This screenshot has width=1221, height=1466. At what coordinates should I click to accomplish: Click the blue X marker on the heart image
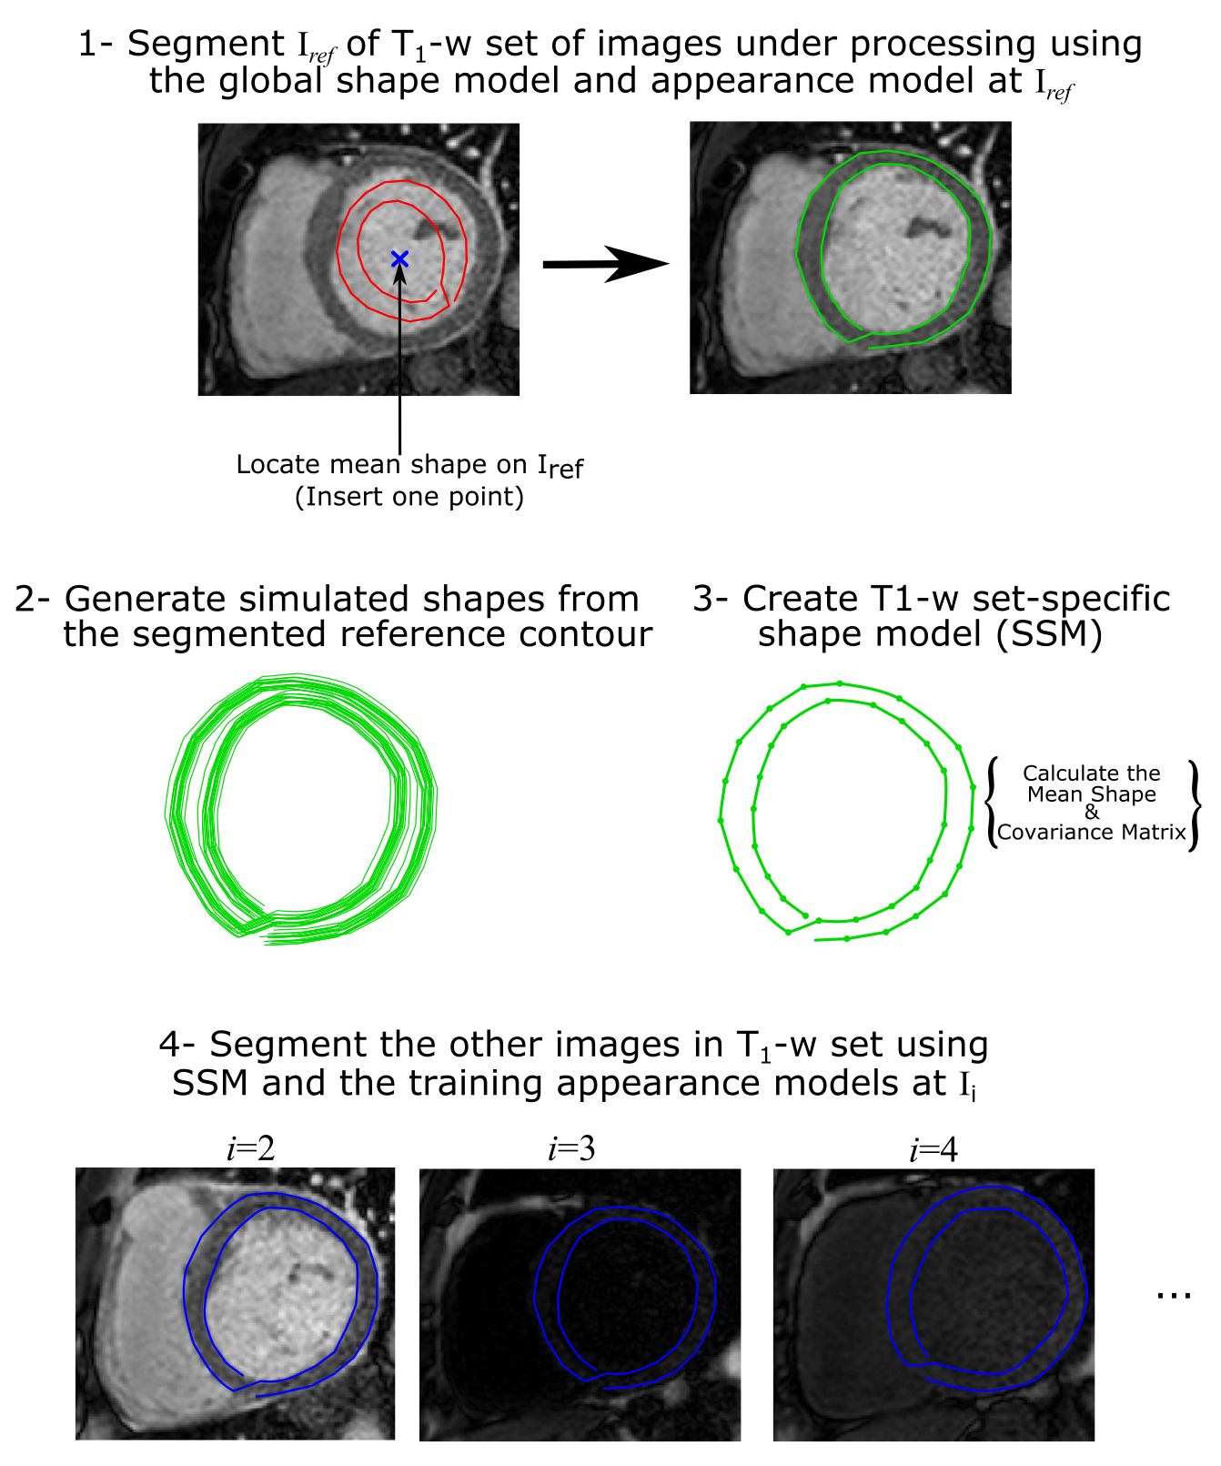tap(399, 259)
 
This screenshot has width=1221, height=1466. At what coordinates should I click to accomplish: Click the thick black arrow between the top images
tap(605, 264)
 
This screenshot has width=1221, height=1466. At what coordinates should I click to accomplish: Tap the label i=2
tap(251, 1150)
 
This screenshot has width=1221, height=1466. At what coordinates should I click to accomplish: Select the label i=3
tap(571, 1150)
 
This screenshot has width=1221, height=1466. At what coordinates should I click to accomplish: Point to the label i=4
tap(933, 1150)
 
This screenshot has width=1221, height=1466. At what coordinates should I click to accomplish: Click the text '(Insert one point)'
tap(409, 497)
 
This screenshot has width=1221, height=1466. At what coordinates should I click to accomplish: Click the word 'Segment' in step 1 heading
tap(206, 44)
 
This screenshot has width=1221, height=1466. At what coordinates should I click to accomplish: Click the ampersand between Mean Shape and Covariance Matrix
tap(1092, 813)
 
